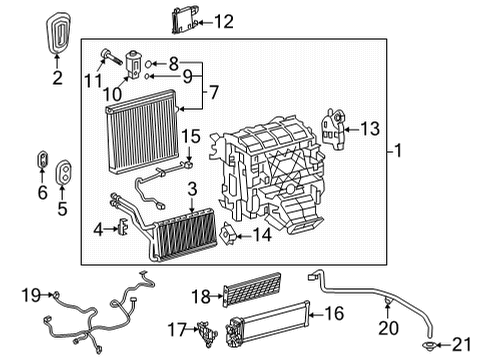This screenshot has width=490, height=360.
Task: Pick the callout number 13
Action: [x=371, y=128]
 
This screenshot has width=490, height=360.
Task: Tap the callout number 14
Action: [x=263, y=236]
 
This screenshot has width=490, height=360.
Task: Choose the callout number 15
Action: [x=190, y=136]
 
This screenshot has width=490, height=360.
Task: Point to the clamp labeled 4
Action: [x=124, y=229]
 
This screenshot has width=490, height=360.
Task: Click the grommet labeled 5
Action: [x=63, y=172]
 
